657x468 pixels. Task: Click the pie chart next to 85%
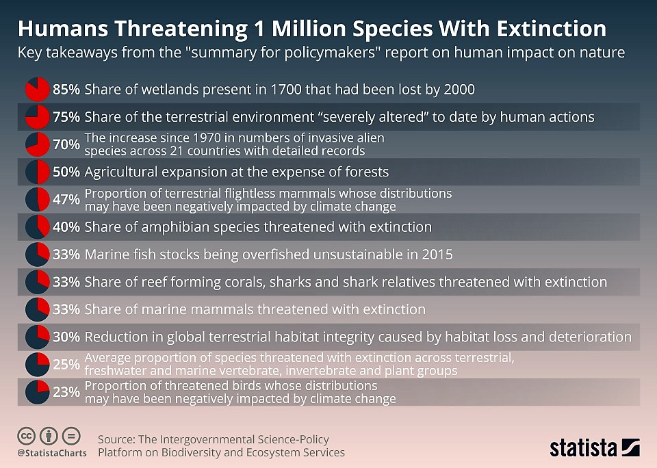[37, 89]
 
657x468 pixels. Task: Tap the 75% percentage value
[66, 117]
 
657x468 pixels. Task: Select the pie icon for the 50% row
[37, 172]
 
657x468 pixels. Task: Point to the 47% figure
[66, 199]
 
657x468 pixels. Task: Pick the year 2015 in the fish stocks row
[437, 255]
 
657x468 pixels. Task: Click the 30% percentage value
[66, 337]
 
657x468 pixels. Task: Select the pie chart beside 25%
[37, 365]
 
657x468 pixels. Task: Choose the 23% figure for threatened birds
[66, 392]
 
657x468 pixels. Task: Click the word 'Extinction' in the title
[552, 29]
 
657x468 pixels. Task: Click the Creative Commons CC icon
[26, 437]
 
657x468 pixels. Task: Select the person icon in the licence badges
[49, 437]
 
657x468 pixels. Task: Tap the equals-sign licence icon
[71, 437]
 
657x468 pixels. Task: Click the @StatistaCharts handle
[52, 453]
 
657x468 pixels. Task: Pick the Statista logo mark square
[630, 447]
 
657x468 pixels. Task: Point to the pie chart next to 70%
[37, 144]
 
